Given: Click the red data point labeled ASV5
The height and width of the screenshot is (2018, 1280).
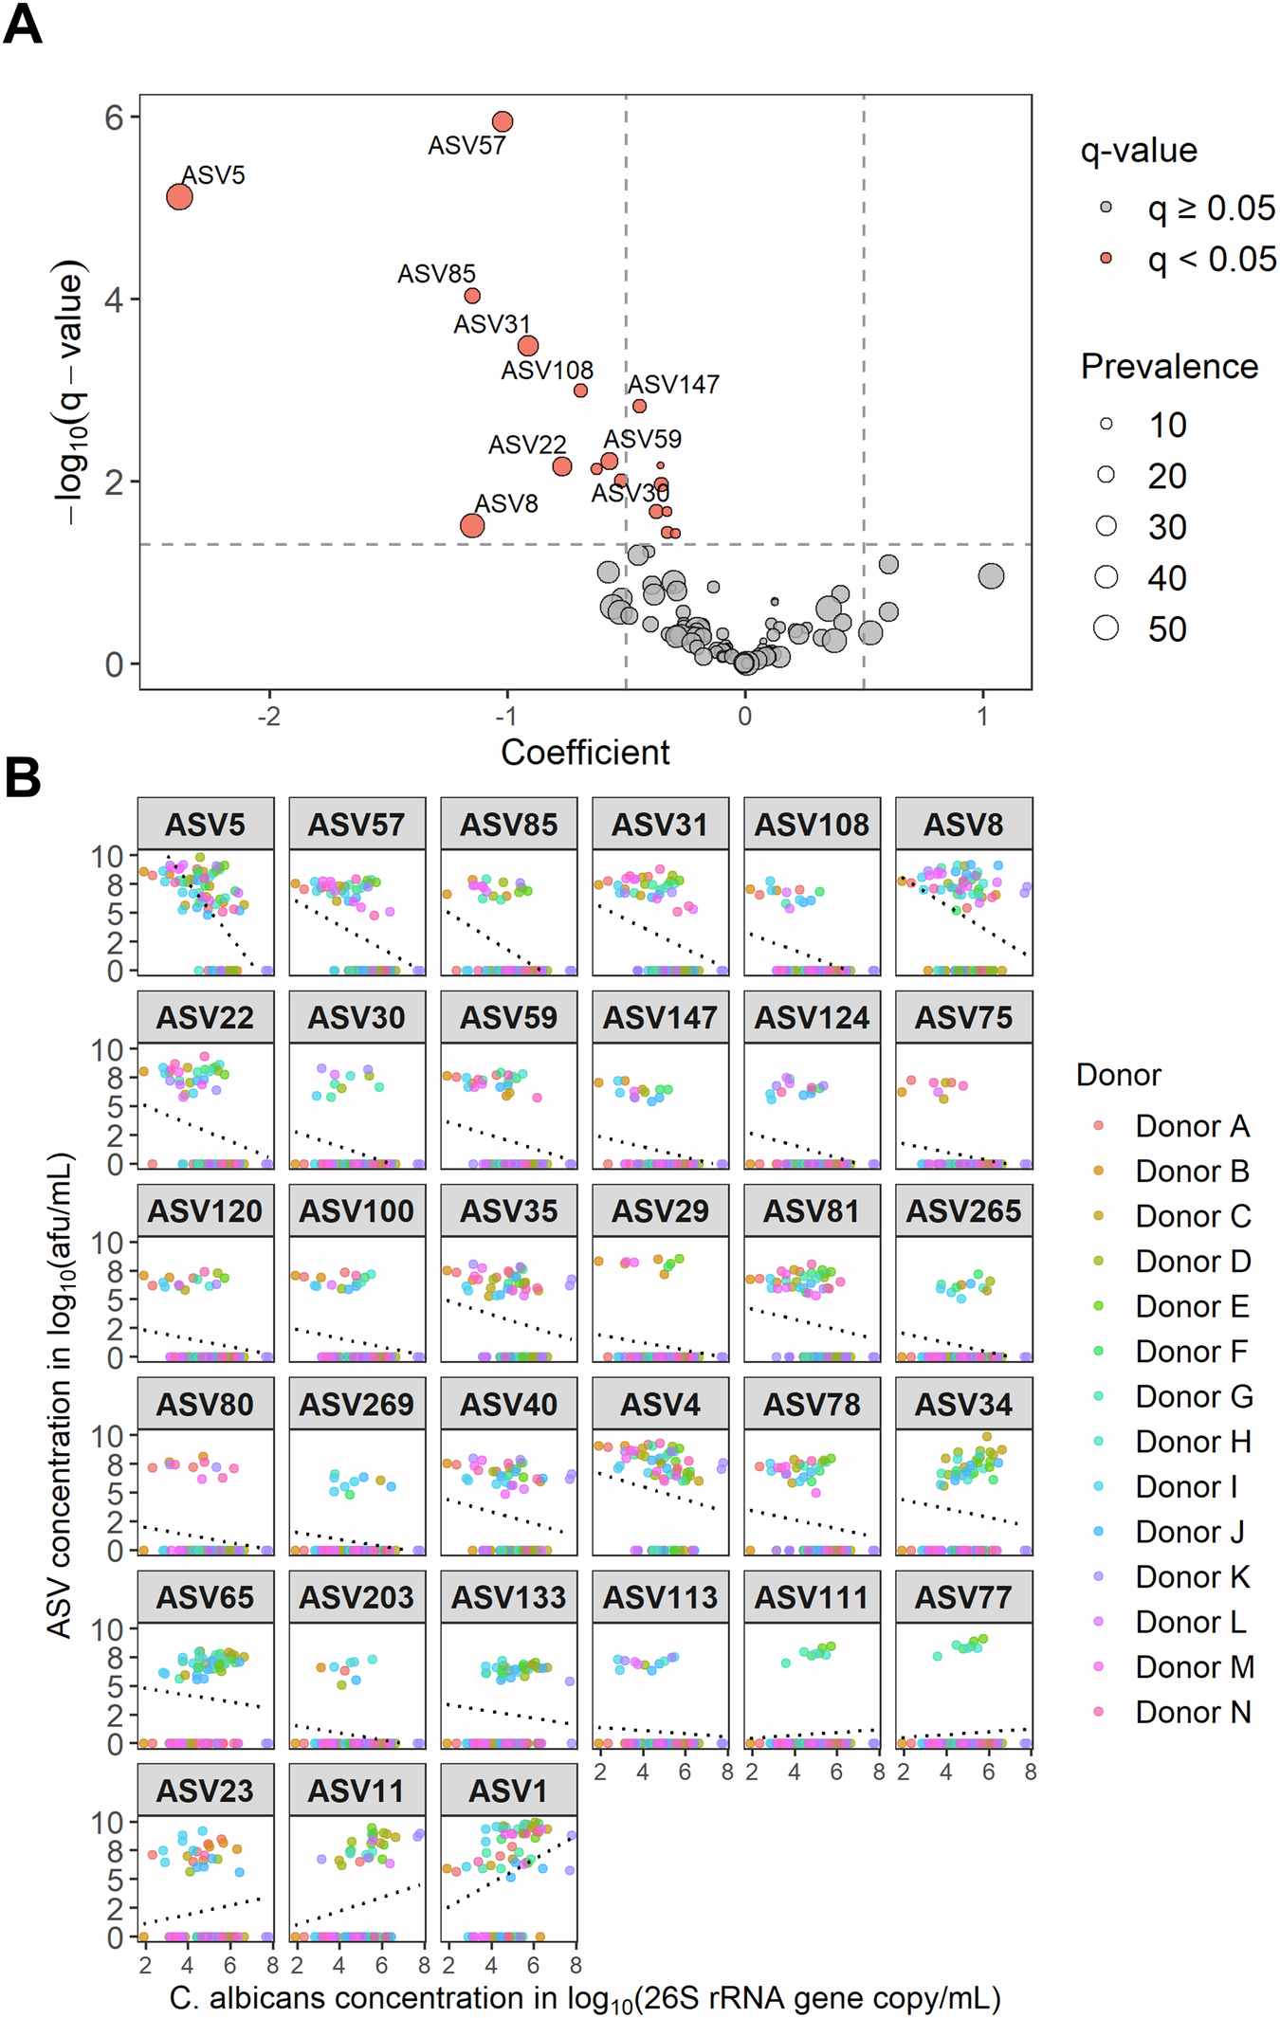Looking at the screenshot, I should (x=179, y=196).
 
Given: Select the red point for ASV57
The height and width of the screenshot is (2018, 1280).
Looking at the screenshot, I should (x=503, y=121).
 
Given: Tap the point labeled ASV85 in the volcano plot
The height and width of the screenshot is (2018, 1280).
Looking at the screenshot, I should (x=472, y=296).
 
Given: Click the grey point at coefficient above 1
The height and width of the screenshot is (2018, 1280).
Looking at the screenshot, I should (x=991, y=575).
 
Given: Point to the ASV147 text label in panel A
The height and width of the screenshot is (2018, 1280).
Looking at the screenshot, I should (x=673, y=385).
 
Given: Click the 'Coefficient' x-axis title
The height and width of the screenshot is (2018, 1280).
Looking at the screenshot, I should (x=585, y=753).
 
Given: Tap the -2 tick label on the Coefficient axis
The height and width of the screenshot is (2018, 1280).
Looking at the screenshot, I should (x=269, y=716).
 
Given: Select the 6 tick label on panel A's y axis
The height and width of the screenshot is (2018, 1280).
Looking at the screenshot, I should (x=115, y=118).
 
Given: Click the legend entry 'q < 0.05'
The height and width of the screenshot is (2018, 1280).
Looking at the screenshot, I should (x=1212, y=259).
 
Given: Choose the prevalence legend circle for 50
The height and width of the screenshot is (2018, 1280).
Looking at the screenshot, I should (x=1106, y=627).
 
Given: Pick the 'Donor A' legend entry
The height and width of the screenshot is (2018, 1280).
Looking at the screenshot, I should (x=1192, y=1126).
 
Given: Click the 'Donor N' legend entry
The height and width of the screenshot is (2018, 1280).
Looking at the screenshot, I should (x=1193, y=1712).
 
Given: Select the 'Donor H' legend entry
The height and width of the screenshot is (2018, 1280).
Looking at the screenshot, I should (x=1193, y=1442).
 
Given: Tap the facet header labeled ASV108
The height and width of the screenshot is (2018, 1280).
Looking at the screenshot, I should (x=812, y=824).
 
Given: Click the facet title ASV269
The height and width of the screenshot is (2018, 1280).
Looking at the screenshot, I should (x=357, y=1404).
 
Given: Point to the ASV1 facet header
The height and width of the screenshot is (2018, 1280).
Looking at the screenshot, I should (x=508, y=1791).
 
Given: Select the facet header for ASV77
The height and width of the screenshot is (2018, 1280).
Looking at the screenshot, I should (x=963, y=1597).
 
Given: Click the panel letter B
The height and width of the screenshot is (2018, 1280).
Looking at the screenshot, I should (x=23, y=777).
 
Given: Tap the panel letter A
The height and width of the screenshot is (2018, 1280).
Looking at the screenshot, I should (x=23, y=25).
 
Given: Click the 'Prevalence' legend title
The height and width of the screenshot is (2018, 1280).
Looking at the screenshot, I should (x=1169, y=367).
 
